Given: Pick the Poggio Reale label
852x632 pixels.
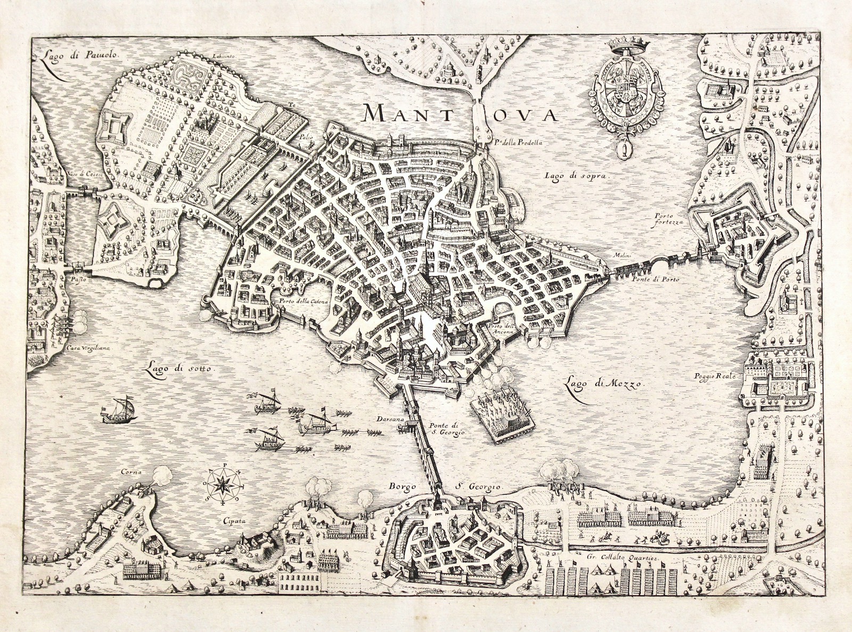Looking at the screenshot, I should coord(714,376).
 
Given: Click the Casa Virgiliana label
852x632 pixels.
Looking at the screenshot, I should coord(88,348).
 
